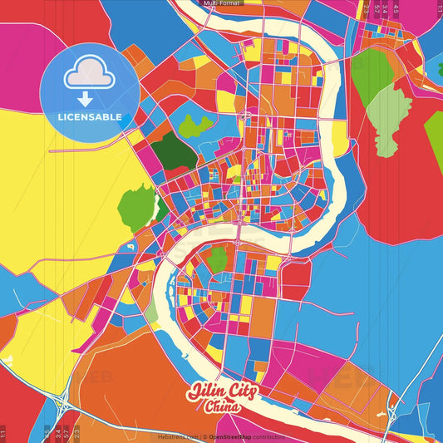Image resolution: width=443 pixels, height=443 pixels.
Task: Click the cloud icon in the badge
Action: [x=89, y=73]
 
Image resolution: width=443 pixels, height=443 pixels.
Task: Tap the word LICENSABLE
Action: [x=90, y=116]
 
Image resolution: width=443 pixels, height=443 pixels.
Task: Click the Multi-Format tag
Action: [x=221, y=3]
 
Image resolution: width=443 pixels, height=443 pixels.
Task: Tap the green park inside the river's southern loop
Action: [x=217, y=259]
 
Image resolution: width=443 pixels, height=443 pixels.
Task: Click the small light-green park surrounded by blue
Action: [x=196, y=126]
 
